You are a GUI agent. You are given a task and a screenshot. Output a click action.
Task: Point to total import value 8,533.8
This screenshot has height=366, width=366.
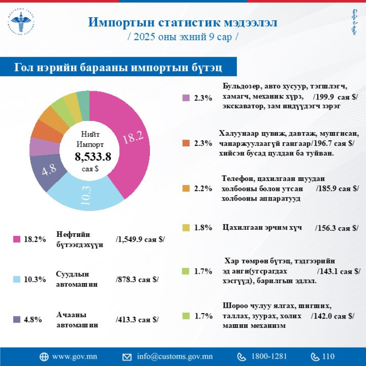tap(93, 156)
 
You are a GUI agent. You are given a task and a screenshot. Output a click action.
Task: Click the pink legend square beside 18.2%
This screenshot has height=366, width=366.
tap(17, 239)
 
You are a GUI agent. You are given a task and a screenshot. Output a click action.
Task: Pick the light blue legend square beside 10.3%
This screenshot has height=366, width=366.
tap(17, 279)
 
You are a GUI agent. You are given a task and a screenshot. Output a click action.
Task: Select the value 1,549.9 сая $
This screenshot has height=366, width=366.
tap(140, 239)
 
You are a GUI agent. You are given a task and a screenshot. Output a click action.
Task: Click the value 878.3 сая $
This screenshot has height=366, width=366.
tap(137, 279)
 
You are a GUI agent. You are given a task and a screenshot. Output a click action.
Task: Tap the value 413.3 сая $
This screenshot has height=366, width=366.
tap(137, 319)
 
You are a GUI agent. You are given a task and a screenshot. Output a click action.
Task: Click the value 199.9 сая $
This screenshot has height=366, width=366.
tap(335, 97)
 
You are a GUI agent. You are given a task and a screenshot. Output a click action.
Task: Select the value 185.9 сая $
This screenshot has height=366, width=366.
tap(337, 189)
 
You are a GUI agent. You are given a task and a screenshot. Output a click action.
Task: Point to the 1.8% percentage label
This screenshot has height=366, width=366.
tap(203, 228)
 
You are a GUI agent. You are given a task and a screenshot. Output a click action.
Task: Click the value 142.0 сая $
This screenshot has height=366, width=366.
tap(333, 316)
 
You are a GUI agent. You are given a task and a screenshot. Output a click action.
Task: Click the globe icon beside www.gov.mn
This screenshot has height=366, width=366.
tap(44, 357)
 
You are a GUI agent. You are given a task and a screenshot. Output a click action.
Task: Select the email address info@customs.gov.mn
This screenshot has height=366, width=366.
tap(175, 356)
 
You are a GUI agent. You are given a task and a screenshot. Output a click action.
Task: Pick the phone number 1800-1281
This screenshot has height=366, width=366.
tap(269, 356)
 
